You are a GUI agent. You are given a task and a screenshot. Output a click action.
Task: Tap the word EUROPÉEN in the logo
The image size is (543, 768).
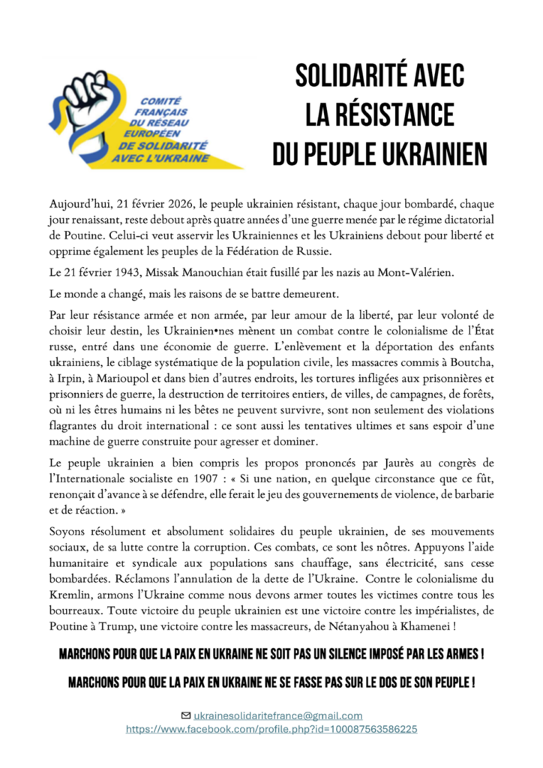(159, 132)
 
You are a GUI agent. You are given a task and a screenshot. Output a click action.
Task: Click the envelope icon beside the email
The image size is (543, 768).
(185, 715)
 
